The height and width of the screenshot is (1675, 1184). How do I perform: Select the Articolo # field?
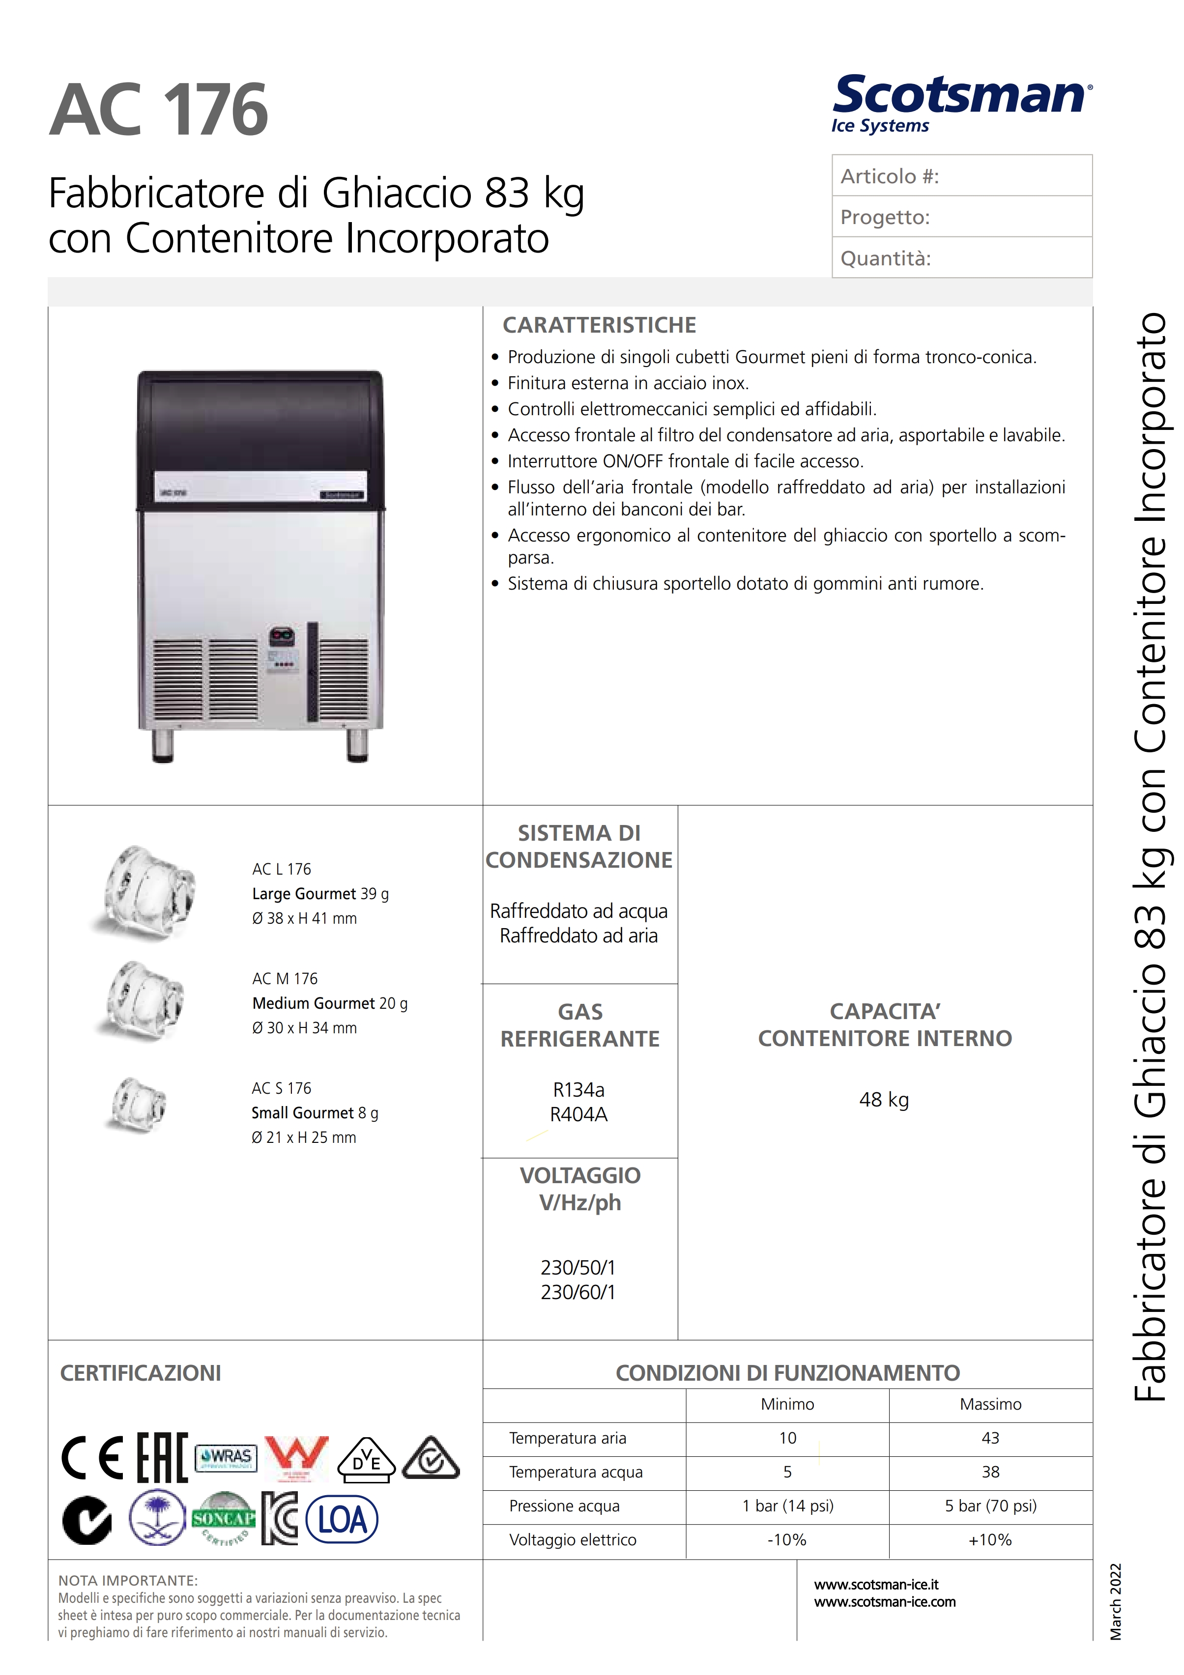pos(961,176)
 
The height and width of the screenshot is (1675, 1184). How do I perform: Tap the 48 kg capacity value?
pos(884,1100)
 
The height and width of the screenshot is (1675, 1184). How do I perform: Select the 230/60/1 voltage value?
pos(578,1293)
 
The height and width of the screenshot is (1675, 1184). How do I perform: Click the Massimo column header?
pos(990,1404)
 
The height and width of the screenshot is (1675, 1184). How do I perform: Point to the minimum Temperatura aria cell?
pos(788,1438)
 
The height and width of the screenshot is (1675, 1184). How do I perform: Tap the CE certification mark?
pos(93,1458)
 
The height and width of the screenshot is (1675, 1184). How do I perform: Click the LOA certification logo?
pos(342,1520)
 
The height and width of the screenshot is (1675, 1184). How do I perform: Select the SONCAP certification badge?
pos(223,1518)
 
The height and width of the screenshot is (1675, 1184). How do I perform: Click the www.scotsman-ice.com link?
pos(885,1602)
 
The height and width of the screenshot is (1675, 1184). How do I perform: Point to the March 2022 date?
pos(1115,1601)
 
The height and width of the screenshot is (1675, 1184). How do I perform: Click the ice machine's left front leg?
pos(163,745)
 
